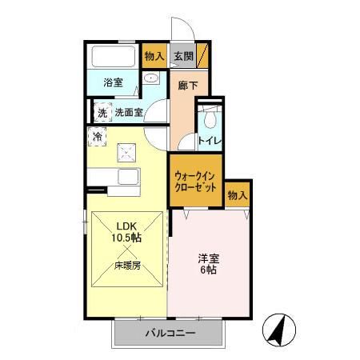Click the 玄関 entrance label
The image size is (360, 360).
click(182, 57)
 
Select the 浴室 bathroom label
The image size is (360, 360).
click(112, 82)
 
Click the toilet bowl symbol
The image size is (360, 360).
click(209, 119)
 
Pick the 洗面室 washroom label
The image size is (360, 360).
click(128, 113)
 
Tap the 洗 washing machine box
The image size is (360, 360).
click(102, 113)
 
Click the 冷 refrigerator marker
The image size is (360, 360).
click(98, 138)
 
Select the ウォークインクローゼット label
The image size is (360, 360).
click(194, 181)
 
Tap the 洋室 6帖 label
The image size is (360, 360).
click(209, 265)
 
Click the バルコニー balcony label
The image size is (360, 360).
click(170, 333)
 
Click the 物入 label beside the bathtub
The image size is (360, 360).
click(154, 57)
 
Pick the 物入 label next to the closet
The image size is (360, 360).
click(237, 195)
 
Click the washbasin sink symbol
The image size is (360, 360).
click(150, 80)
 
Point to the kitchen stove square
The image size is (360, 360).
click(126, 150)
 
